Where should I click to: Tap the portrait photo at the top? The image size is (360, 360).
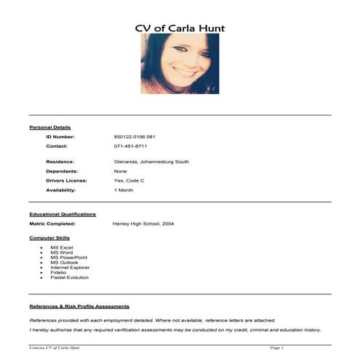[x=180, y=63]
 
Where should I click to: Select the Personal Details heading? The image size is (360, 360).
[x=50, y=127]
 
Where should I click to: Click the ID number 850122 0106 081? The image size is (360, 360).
[x=135, y=137]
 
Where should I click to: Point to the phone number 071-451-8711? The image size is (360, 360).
[x=130, y=146]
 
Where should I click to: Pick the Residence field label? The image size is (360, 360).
[x=60, y=161]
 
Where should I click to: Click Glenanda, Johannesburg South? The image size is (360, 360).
[x=151, y=161]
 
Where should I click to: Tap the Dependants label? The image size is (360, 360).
[x=63, y=171]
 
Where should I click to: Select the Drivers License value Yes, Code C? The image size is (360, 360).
[x=129, y=180]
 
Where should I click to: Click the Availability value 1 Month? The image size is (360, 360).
[x=124, y=190]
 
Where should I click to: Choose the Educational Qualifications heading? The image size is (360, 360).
[x=63, y=215]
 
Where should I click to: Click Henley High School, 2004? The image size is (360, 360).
[x=143, y=224]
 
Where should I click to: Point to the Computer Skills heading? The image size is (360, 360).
[x=50, y=238]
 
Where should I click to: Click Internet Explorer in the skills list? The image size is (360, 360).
[x=71, y=267]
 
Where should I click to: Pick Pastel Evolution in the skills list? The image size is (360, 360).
[x=70, y=277]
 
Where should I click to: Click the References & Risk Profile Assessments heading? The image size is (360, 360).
[x=79, y=306]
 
